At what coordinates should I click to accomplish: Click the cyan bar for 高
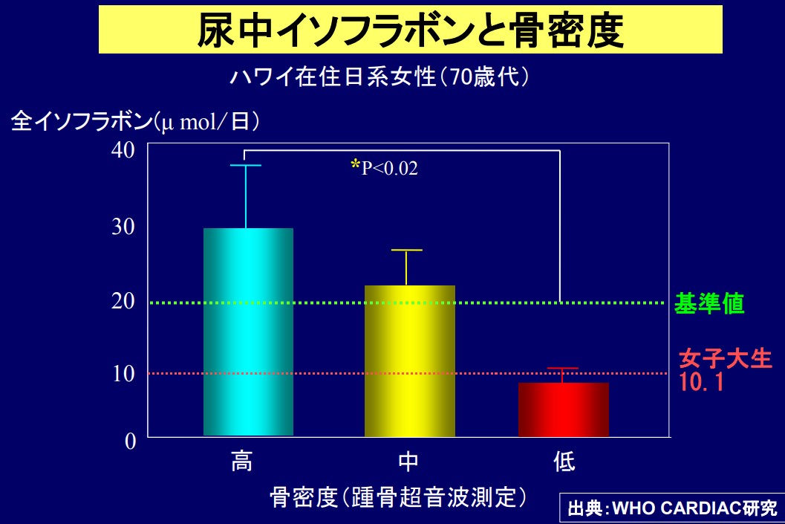coord(248,332)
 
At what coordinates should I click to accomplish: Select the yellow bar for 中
coord(409,361)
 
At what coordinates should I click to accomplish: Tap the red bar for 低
coord(563,410)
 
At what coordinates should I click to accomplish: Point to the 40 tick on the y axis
coord(123,150)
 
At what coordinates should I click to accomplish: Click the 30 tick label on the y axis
coord(123,227)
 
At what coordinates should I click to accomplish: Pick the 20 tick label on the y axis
coord(123,300)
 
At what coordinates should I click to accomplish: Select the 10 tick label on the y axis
coord(123,373)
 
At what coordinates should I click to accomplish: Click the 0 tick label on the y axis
coord(130,441)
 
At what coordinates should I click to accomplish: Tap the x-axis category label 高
coord(242,461)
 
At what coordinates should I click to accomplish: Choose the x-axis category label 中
coord(408,461)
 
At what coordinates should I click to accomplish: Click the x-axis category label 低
coord(564,461)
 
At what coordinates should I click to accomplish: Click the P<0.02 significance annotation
coord(385,167)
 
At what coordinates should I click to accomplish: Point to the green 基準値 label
coord(709,303)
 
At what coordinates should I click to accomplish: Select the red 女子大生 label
coord(726,359)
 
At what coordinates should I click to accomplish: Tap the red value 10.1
coord(701,382)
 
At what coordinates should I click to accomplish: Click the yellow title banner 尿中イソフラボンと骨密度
coord(411,29)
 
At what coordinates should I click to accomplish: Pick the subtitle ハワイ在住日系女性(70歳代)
coord(380,77)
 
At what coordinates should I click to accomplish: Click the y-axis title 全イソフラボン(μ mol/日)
coord(135,121)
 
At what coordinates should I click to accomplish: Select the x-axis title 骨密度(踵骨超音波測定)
coord(399,497)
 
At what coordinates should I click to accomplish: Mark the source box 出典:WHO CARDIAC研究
coord(672,508)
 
